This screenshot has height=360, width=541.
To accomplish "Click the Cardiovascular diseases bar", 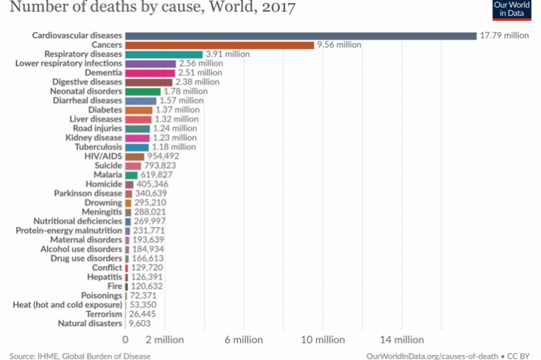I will point(300,35).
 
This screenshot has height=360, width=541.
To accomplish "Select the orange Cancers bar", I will point(219,45).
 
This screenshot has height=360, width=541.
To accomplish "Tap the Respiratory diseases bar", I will point(163,54).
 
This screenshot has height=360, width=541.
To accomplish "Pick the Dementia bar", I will point(150,73).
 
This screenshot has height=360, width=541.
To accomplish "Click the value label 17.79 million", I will point(506,35).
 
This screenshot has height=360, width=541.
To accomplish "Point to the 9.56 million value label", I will point(338,45).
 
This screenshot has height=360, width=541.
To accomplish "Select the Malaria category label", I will point(106,175).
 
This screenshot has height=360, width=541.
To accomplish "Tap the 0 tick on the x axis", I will point(126,339).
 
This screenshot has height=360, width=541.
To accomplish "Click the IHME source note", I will point(80,355).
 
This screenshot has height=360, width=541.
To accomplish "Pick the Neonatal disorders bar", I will point(142,92).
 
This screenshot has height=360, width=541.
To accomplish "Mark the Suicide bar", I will point(133,166).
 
